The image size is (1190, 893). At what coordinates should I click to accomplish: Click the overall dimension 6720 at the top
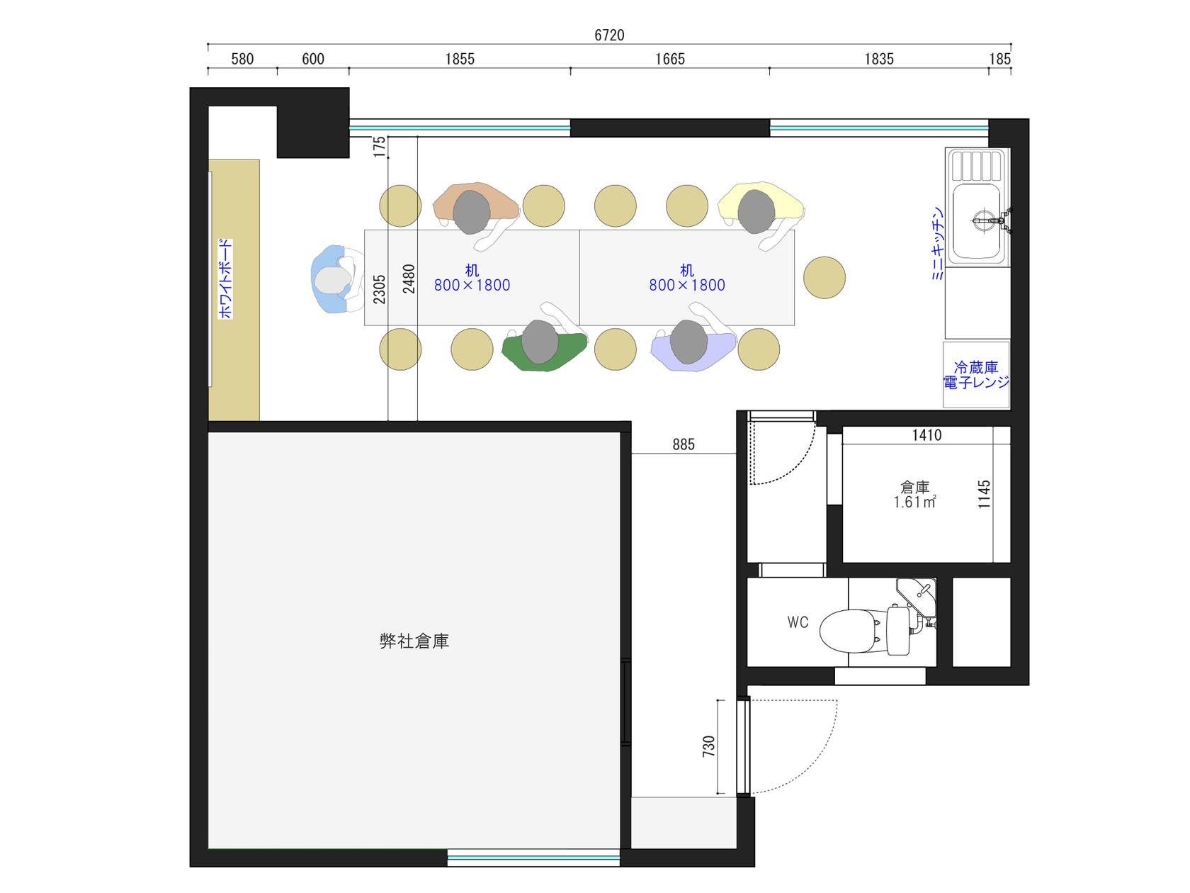pyautogui.click(x=609, y=35)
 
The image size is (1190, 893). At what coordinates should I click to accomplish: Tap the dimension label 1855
pyautogui.click(x=459, y=59)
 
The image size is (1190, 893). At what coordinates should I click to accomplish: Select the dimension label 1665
pyautogui.click(x=669, y=59)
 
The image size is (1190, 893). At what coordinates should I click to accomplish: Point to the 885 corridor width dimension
pyautogui.click(x=683, y=444)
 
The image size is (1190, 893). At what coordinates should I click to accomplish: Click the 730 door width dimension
pyautogui.click(x=708, y=746)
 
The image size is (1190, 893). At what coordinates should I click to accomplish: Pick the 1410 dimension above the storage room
pyautogui.click(x=926, y=435)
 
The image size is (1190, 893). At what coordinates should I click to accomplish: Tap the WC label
pyautogui.click(x=798, y=622)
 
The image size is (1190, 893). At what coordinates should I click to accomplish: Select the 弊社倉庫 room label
pyautogui.click(x=414, y=641)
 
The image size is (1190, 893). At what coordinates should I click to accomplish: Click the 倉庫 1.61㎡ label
pyautogui.click(x=914, y=495)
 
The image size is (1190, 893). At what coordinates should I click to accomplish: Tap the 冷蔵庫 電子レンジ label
pyautogui.click(x=976, y=375)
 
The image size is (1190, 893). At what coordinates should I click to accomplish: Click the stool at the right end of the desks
pyautogui.click(x=824, y=278)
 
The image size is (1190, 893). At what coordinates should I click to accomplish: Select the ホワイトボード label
pyautogui.click(x=225, y=279)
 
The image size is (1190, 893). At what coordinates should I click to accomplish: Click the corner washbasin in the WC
pyautogui.click(x=916, y=597)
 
